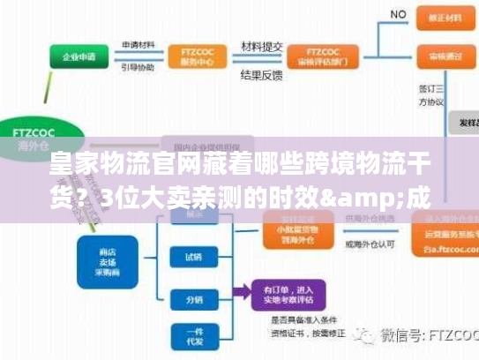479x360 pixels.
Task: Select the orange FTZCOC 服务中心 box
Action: pos(189,55)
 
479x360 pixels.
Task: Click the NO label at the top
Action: pos(398,15)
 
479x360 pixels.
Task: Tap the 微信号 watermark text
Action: pos(414,336)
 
